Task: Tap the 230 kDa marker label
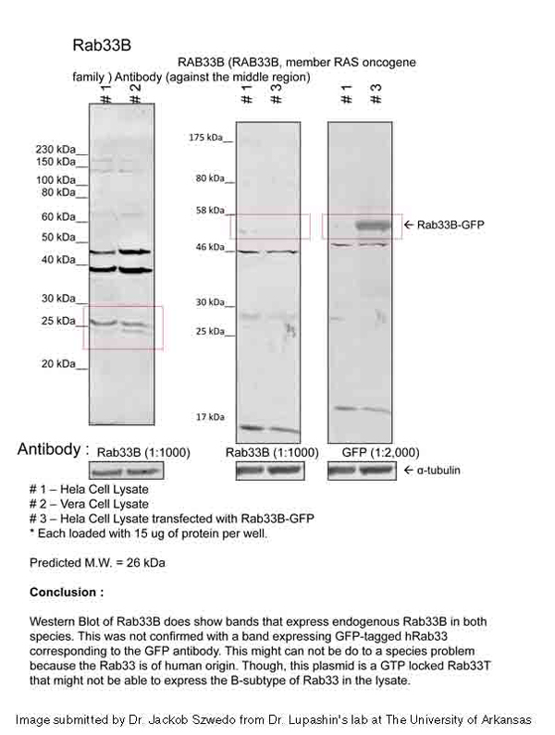(54, 149)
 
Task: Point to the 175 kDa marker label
(206, 138)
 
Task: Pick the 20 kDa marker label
(57, 364)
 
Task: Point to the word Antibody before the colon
(48, 450)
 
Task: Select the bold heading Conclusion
(67, 591)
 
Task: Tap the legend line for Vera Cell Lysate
(89, 503)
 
